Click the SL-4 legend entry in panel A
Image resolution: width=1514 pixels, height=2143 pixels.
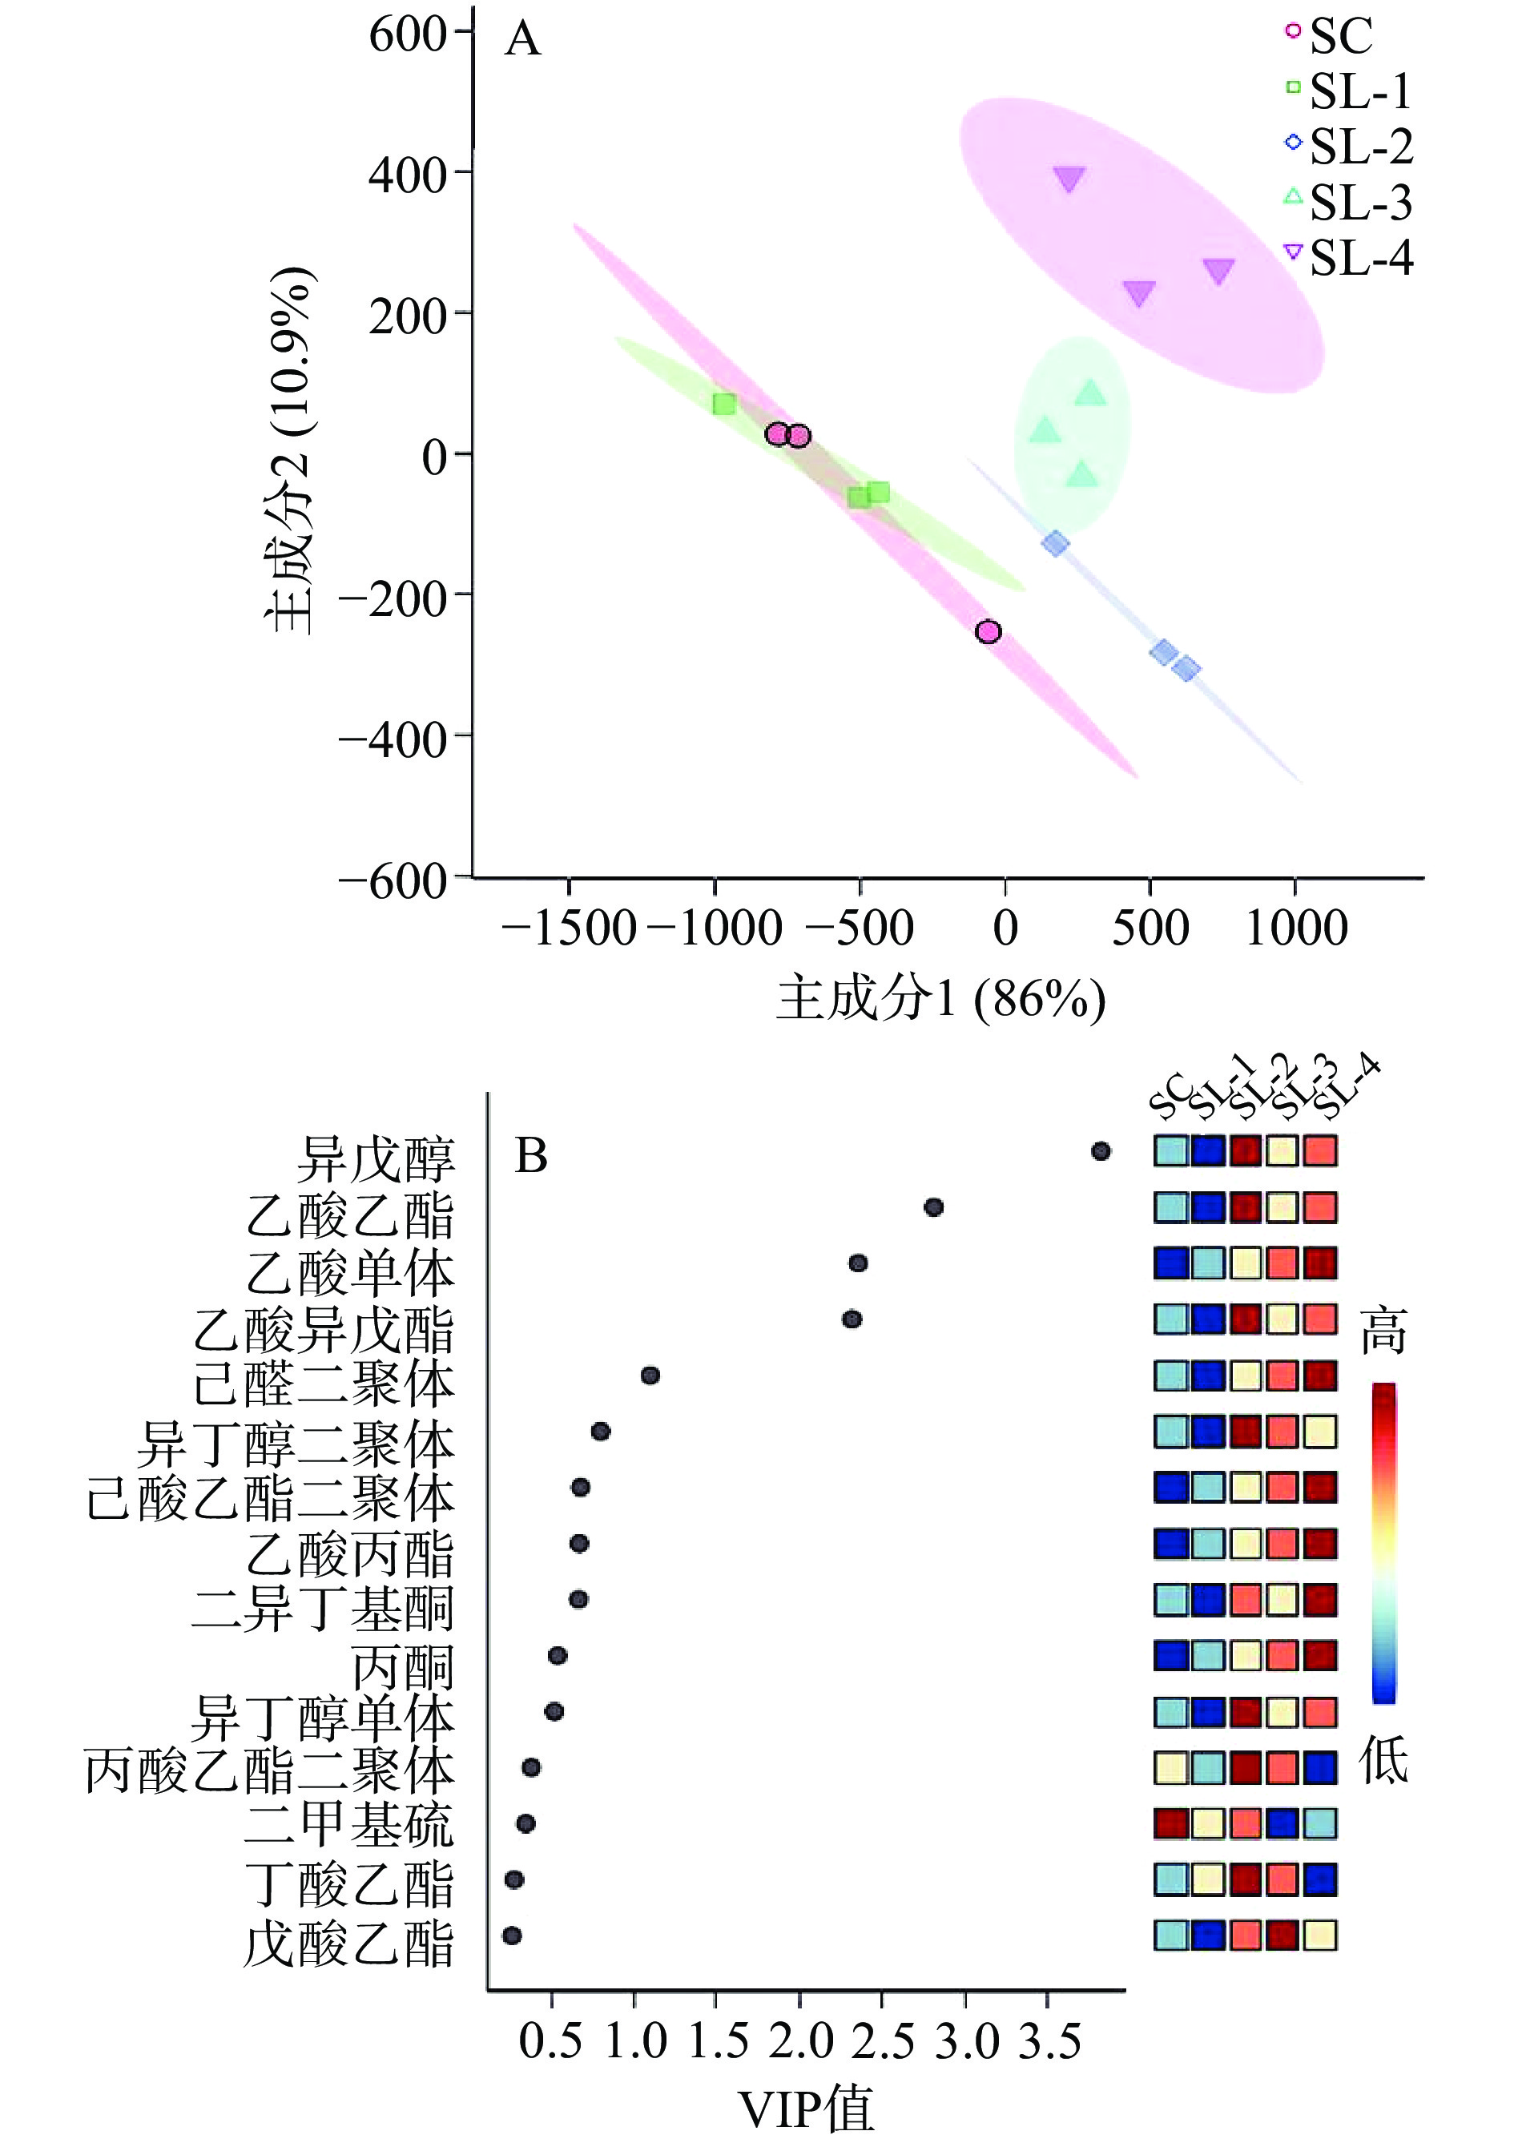(1349, 258)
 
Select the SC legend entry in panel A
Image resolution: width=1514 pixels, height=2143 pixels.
(1330, 36)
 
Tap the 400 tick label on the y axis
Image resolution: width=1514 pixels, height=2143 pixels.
(409, 175)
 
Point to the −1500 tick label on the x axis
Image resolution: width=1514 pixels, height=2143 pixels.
(569, 928)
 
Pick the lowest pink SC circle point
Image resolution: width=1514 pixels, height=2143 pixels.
(988, 632)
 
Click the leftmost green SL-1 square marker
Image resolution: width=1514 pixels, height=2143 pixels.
(723, 404)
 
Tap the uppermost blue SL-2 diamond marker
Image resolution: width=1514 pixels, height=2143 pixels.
(1055, 543)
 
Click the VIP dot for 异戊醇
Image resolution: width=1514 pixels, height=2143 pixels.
(1101, 1151)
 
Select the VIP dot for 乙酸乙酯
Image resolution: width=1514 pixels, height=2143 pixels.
(932, 1206)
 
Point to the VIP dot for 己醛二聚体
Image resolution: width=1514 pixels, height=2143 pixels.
(650, 1375)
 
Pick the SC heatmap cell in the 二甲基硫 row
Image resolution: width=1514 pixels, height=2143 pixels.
(1170, 1823)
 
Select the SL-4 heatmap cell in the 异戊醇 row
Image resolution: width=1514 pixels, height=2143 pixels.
(1319, 1151)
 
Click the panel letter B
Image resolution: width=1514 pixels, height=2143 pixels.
(531, 1155)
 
